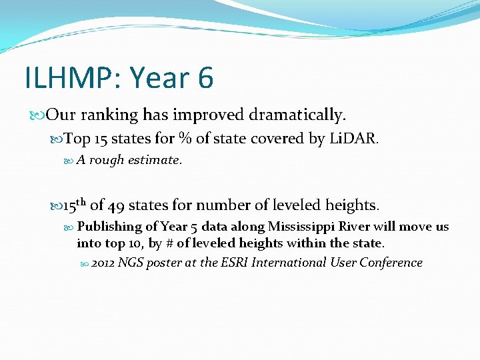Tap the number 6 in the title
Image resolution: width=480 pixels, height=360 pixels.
click(x=205, y=78)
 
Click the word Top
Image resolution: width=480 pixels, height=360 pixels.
click(x=77, y=139)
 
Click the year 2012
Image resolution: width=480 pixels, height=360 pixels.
click(x=103, y=263)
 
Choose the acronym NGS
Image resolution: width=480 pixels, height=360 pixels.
click(x=131, y=263)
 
